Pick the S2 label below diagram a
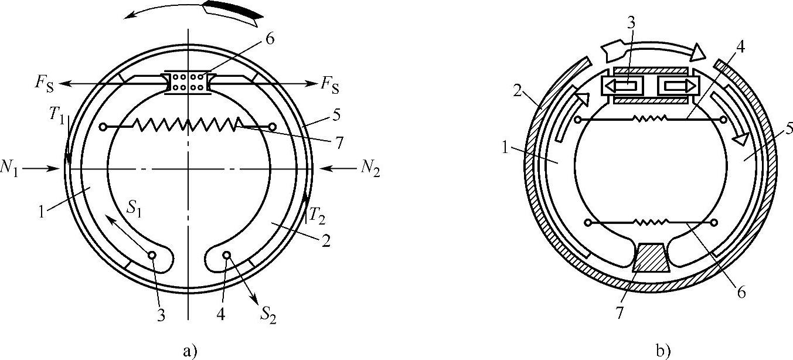pyautogui.click(x=268, y=317)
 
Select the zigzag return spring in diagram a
pyautogui.click(x=188, y=124)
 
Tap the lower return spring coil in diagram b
pyautogui.click(x=651, y=222)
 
